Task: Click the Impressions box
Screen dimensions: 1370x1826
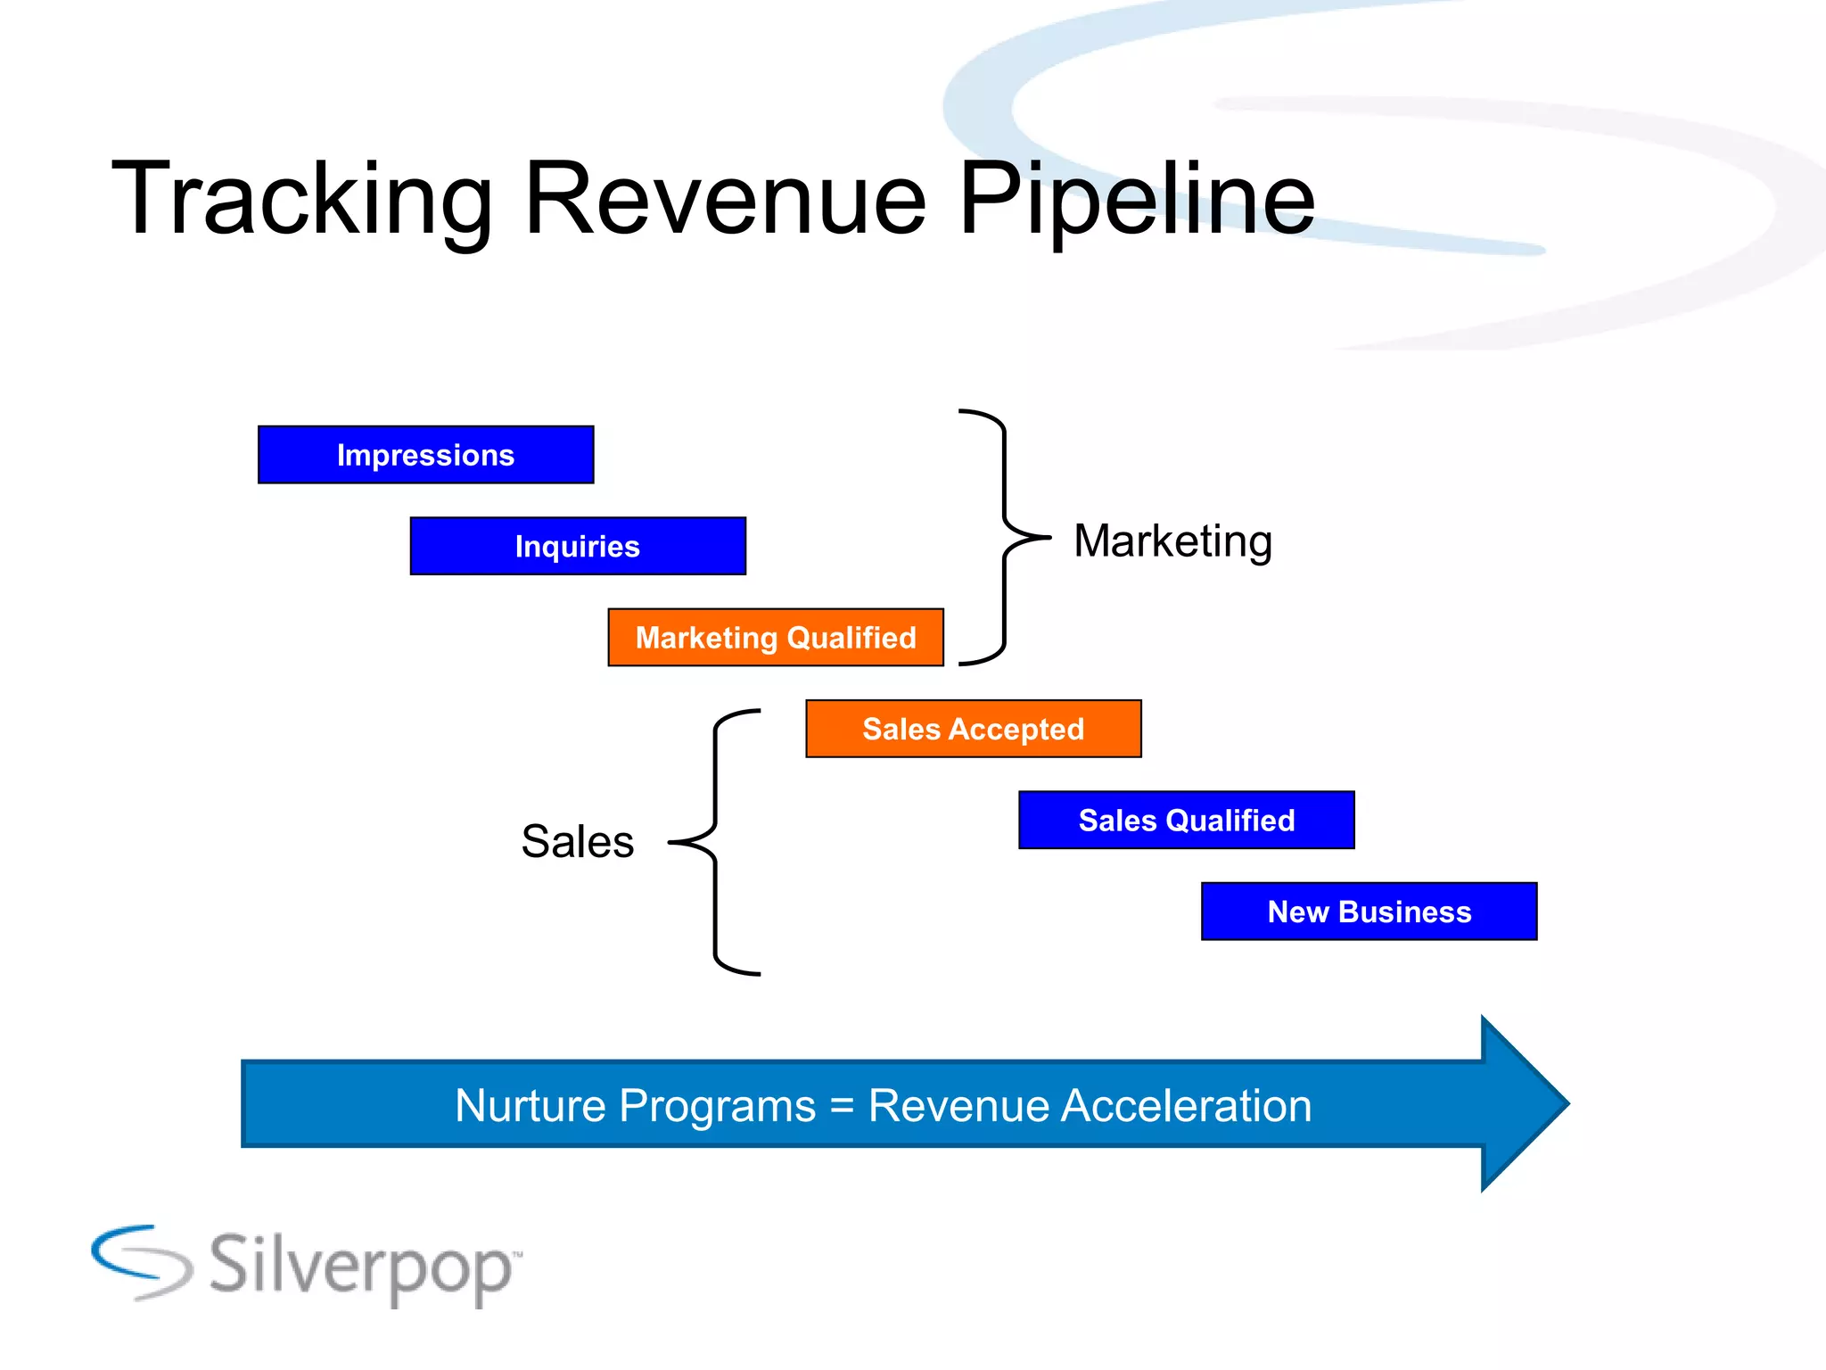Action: tap(425, 455)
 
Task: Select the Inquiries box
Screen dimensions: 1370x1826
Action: tap(578, 546)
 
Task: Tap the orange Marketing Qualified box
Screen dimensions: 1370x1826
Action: tap(776, 638)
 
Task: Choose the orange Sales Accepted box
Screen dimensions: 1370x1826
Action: tap(973, 729)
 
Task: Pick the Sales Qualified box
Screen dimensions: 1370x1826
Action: tap(1186, 820)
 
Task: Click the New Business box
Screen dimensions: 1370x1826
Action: tap(1369, 912)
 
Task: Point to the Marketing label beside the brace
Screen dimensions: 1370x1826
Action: tap(1172, 541)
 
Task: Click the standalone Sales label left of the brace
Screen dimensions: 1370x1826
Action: tap(577, 841)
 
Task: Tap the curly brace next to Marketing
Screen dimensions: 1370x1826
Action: tap(1005, 538)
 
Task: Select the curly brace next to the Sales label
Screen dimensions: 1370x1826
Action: tap(715, 842)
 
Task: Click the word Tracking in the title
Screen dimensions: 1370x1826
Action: tap(301, 201)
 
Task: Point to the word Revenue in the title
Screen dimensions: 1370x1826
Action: tap(726, 201)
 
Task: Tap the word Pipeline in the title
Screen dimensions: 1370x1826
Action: tap(1136, 201)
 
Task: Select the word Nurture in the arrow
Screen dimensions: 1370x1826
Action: tap(531, 1106)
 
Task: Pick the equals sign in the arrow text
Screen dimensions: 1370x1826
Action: tap(842, 1107)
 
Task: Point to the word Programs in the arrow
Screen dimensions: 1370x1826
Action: tap(717, 1107)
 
